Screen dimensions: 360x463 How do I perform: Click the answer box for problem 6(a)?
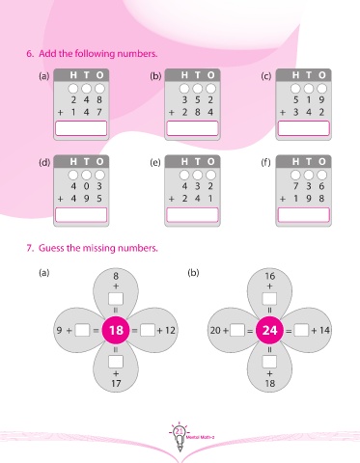pos(81,128)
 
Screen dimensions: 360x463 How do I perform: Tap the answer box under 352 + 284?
pos(192,128)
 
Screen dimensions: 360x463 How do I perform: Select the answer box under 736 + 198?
pos(304,215)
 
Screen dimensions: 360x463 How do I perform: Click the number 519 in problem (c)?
pos(309,100)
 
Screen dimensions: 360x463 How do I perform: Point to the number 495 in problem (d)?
pos(86,199)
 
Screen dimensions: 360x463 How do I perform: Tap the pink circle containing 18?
pos(116,330)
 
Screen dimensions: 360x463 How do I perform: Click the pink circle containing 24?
pos(269,330)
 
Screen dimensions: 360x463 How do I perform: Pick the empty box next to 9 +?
pos(82,330)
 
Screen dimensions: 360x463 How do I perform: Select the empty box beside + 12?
pos(148,330)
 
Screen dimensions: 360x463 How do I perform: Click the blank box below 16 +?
pos(269,299)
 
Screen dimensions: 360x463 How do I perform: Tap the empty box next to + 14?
pos(301,330)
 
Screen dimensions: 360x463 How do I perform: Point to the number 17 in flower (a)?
pos(116,383)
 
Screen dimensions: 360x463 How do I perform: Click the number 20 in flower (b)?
pos(215,330)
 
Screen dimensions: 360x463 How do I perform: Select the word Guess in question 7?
pos(51,248)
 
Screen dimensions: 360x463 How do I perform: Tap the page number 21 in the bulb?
pos(180,431)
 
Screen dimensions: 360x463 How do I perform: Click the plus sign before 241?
pos(172,199)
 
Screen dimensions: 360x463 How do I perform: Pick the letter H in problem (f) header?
pos(295,161)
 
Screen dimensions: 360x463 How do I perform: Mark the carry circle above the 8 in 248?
pos(99,89)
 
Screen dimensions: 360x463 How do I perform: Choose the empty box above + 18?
pos(269,362)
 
